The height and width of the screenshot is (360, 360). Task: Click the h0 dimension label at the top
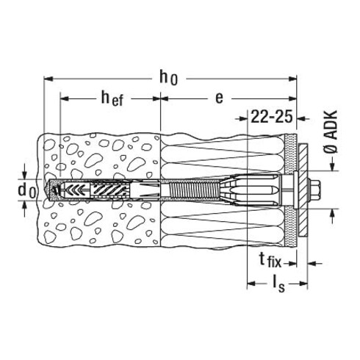[x=168, y=77]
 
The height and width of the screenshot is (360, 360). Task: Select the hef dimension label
[x=112, y=98]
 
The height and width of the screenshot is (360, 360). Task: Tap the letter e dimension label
[x=219, y=98]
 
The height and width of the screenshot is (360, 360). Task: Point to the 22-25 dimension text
[x=272, y=117]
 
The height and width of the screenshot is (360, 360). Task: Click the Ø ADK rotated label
[x=332, y=132]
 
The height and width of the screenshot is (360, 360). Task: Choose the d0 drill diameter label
[x=27, y=190]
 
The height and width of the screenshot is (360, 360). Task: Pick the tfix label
[x=270, y=261]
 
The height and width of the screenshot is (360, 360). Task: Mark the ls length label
[x=278, y=285]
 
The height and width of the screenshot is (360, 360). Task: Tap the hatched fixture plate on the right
[x=303, y=190]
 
